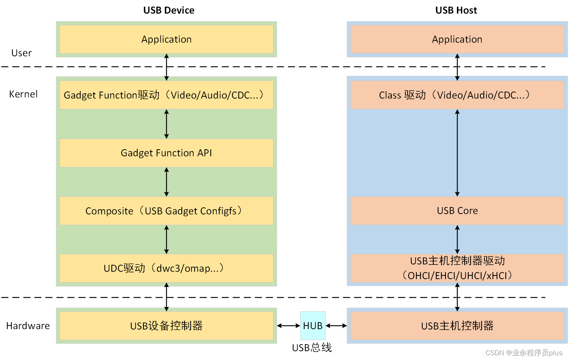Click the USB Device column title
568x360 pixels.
tap(168, 10)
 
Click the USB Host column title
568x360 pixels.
tap(456, 10)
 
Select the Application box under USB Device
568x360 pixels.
tap(166, 39)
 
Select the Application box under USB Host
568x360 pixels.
tap(457, 39)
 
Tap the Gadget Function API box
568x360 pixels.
tap(166, 153)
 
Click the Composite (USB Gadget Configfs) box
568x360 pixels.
tap(166, 211)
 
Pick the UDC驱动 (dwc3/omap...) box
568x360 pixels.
tap(166, 268)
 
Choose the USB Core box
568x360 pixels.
tap(457, 211)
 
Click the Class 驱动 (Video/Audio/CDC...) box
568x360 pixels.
tap(457, 95)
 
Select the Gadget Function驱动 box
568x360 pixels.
tap(166, 95)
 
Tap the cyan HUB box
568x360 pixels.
tap(313, 326)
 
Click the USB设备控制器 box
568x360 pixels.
tap(166, 326)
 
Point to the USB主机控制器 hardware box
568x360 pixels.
tap(457, 326)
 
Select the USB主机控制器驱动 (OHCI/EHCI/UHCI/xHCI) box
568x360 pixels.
tap(457, 268)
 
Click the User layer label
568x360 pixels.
tap(21, 53)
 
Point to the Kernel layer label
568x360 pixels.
tap(23, 94)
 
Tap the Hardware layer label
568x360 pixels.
tap(28, 326)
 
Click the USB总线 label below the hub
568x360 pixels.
tap(312, 347)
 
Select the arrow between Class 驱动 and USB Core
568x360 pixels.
tap(457, 153)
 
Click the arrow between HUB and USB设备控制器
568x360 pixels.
tap(288, 326)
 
